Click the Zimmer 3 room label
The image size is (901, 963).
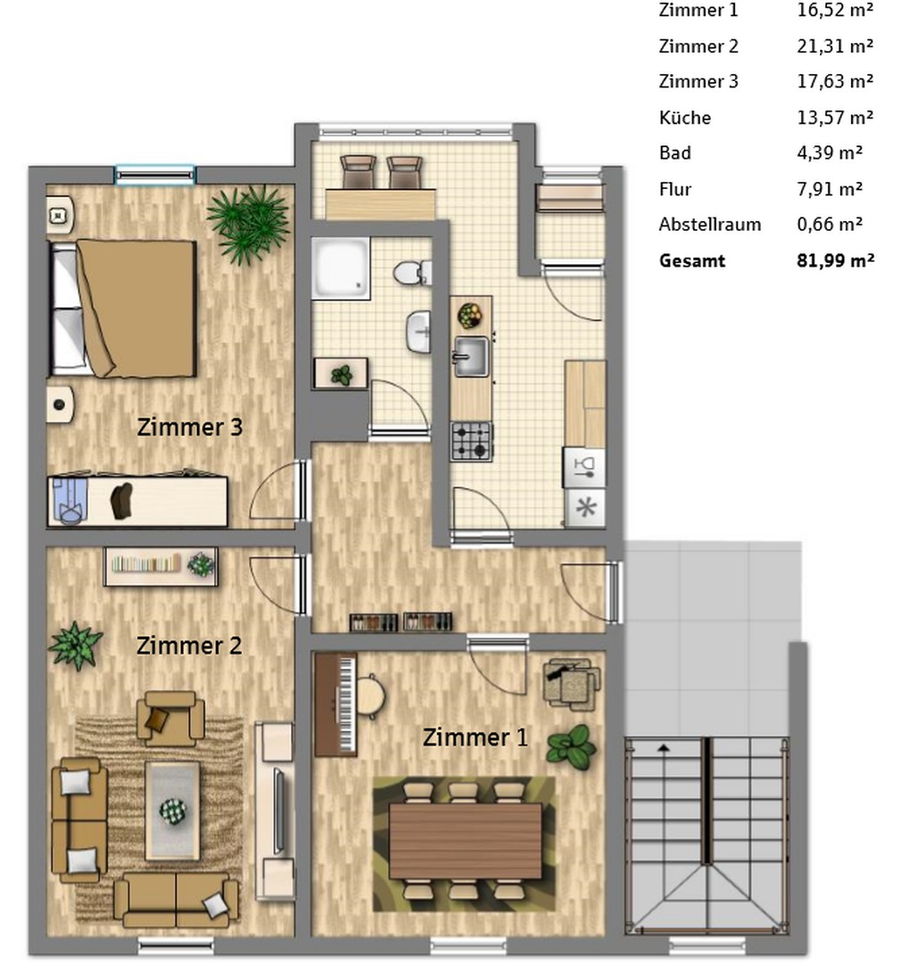(189, 427)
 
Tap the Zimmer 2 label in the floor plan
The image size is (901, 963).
(188, 645)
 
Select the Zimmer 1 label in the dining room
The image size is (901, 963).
(475, 737)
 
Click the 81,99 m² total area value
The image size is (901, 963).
(834, 261)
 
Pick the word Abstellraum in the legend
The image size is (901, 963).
(709, 225)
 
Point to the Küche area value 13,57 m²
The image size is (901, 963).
(834, 118)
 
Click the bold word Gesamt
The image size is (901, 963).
(691, 261)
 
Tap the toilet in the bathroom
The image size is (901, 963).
(413, 271)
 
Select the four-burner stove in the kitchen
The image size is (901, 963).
(471, 440)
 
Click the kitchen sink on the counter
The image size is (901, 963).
(470, 356)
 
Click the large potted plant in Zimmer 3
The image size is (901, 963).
(249, 222)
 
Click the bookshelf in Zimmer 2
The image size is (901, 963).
(161, 565)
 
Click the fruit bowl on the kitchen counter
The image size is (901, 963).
(469, 315)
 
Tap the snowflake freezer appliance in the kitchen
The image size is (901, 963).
(584, 508)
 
